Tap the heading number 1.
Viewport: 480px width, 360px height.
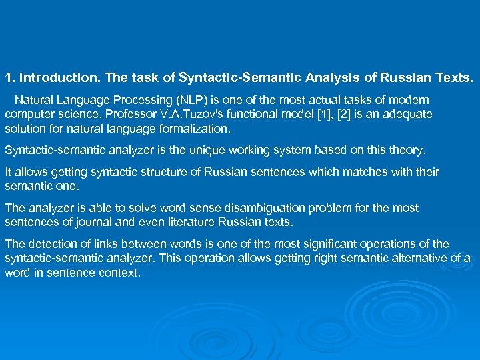[9, 78]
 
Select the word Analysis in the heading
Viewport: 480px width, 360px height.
[331, 78]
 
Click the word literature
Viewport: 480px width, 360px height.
[184, 222]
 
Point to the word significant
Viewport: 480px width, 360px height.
[322, 244]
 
